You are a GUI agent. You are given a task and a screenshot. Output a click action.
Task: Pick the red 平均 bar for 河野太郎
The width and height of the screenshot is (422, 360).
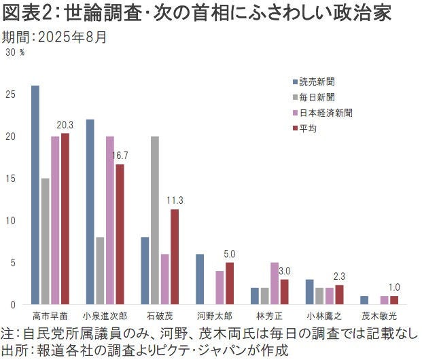point(230,283)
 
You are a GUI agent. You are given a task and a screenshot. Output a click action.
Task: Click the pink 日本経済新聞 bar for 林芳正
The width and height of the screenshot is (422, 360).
point(275,283)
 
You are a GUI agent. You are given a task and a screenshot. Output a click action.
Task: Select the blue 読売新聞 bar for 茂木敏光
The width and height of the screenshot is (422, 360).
point(364,300)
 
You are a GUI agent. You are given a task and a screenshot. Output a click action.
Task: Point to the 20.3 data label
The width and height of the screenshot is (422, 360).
point(65,125)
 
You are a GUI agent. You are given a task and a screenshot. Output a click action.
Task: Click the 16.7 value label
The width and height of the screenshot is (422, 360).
point(120,156)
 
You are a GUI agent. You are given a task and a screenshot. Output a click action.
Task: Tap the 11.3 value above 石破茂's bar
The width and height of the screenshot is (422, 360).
point(175,200)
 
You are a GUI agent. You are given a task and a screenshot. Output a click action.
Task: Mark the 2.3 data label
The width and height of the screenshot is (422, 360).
point(340,276)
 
